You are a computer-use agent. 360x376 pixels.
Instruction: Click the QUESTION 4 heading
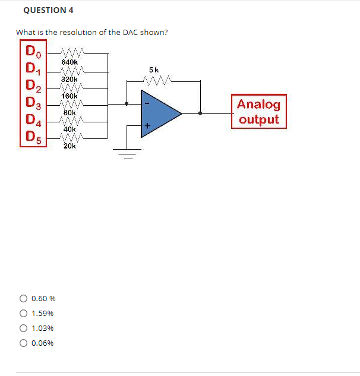pyautogui.click(x=45, y=10)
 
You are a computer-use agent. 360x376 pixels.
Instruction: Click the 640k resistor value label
pyautogui.click(x=70, y=62)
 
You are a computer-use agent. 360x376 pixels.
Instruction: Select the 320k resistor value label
pyautogui.click(x=70, y=78)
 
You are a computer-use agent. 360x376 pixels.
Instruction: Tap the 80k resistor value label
pyautogui.click(x=70, y=112)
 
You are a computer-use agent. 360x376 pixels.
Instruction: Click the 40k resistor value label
pyautogui.click(x=70, y=128)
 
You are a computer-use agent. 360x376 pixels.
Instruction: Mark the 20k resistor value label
pyautogui.click(x=70, y=146)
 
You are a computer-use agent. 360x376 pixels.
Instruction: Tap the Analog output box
pyautogui.click(x=258, y=112)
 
